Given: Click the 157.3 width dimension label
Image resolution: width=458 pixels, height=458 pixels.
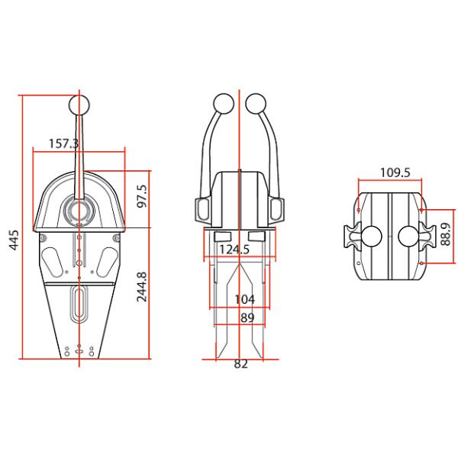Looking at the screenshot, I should (63, 143).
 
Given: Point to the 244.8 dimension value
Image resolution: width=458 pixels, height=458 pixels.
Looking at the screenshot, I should (142, 287).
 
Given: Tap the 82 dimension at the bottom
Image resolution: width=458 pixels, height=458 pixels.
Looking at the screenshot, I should (240, 365).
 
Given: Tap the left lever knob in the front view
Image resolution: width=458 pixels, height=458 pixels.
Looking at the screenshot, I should (222, 105).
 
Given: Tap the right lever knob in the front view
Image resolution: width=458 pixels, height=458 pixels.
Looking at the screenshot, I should (257, 105).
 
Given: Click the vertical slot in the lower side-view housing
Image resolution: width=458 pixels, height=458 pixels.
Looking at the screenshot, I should (79, 305).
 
